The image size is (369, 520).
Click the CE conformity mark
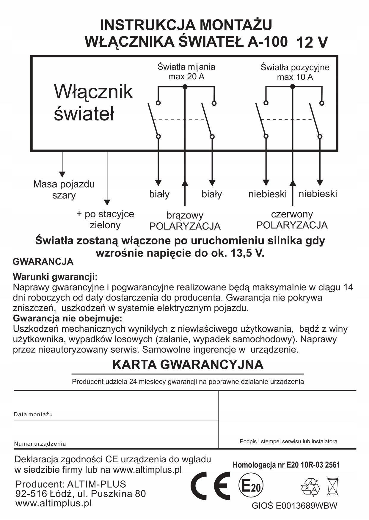coord(210,486)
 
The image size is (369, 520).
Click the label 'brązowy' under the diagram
coord(185,215)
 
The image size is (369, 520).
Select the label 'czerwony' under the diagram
coord(292,214)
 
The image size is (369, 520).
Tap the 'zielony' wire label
coord(105,225)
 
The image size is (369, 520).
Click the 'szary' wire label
coord(64,195)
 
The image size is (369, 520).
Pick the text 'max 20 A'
coord(186,77)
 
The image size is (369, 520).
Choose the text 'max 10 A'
coord(295,77)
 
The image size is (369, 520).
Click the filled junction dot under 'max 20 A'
coord(185,87)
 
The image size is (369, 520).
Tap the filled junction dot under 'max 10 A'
coord(293,87)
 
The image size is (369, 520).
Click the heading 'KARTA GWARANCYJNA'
coord(188,365)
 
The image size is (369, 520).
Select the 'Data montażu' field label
coord(33,414)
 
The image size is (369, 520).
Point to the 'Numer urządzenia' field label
coord(40,444)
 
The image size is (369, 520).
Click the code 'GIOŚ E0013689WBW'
coord(294,506)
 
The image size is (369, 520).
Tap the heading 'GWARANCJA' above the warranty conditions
coord(43,262)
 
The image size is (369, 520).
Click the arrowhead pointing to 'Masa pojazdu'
coord(62,174)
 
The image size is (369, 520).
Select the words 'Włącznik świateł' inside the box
coord(93,103)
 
